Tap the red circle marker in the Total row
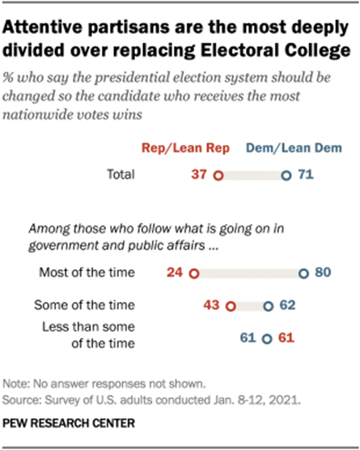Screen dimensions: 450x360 [218, 174]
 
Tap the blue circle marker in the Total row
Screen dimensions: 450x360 [284, 174]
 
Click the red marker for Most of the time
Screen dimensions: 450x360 [193, 274]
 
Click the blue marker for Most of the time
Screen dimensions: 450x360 [302, 274]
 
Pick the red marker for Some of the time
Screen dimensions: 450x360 [230, 307]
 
